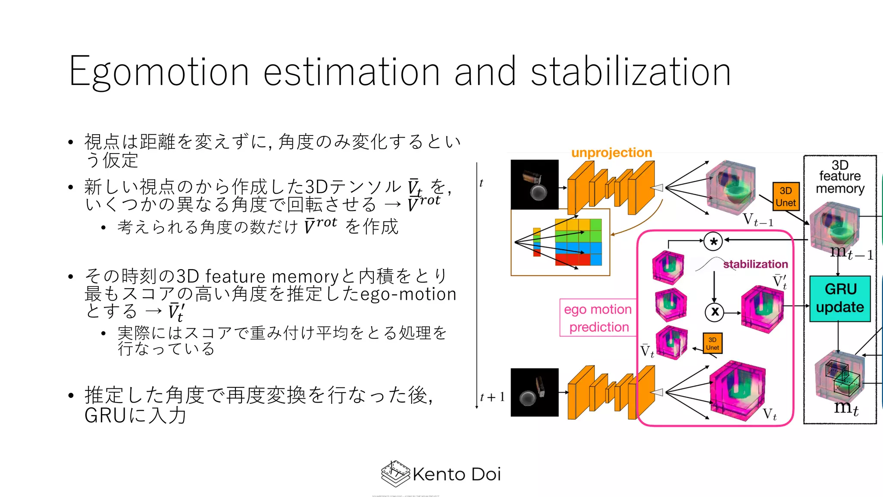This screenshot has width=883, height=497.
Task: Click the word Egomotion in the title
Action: pos(159,72)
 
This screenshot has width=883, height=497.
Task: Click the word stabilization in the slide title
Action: pos(630,72)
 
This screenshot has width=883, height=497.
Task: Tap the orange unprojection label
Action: pos(611,153)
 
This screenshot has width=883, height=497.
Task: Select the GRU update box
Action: pos(840,299)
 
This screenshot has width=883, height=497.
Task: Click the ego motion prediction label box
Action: pos(598,318)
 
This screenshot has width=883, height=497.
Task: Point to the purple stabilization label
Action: pos(755,264)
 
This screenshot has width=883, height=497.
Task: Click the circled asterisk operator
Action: pos(713,242)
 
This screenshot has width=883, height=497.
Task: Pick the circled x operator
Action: pos(714,312)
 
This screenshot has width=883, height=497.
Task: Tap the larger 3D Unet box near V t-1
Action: pos(786,196)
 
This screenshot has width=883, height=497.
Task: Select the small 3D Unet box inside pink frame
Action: pos(712,343)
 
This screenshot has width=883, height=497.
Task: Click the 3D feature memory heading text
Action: pos(840,177)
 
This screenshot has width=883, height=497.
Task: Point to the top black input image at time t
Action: pos(535,185)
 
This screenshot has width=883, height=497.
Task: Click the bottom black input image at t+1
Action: pos(535,392)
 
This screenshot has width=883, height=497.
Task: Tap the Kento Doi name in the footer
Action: pos(457,474)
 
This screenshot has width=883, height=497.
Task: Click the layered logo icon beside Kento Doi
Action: pos(395,474)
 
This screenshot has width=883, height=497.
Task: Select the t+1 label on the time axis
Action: pos(492,397)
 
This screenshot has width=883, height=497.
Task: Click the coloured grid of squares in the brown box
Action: pos(578,242)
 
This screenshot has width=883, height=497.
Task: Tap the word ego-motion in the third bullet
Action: pos(408,294)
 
